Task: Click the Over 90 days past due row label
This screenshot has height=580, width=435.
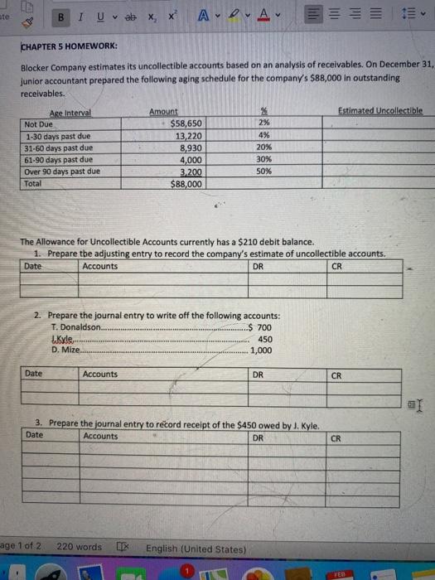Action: coord(63,172)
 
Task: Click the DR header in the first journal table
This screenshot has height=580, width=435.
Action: coord(258,266)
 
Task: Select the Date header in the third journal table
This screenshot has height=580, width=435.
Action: coord(34,435)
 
